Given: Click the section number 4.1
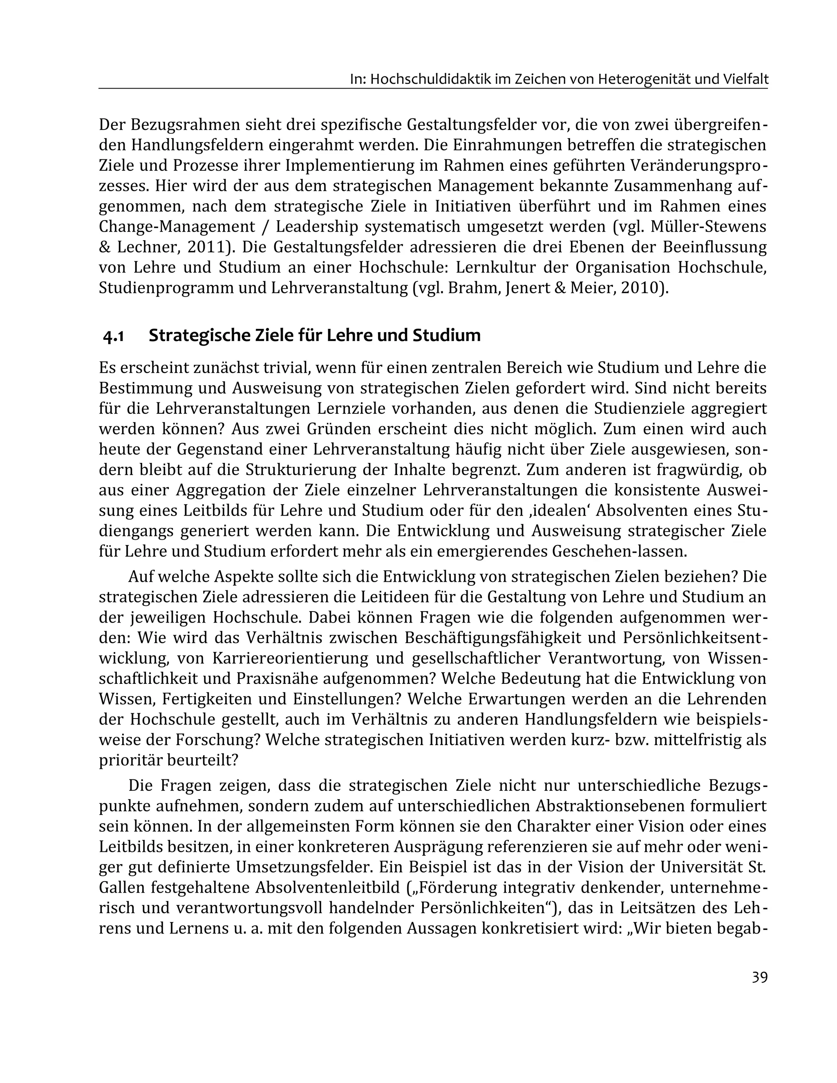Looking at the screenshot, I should click(113, 337).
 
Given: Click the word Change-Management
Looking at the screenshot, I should click(177, 227).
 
